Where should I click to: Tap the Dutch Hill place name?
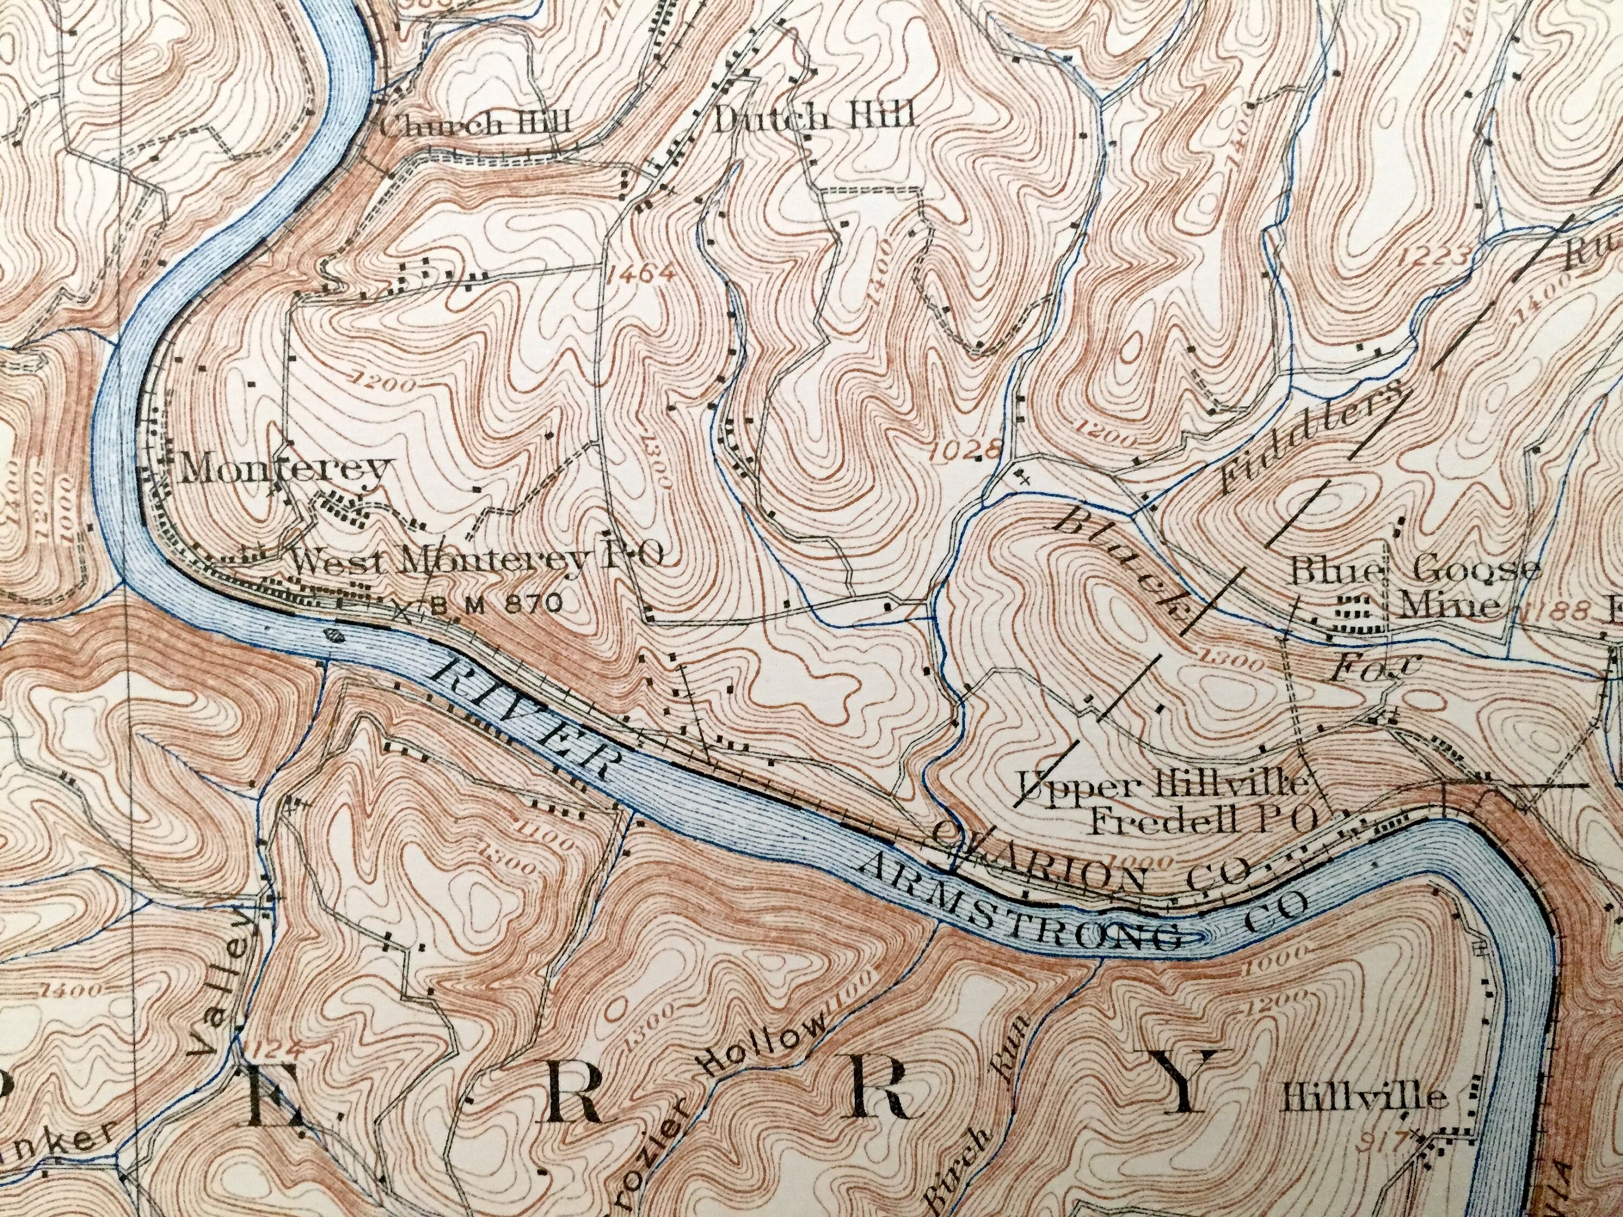tap(814, 117)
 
